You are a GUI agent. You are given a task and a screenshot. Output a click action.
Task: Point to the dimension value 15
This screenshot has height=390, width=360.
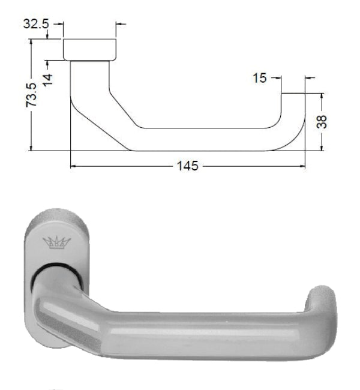click(x=260, y=78)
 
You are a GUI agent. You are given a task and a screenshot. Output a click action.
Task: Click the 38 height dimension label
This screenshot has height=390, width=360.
click(x=322, y=121)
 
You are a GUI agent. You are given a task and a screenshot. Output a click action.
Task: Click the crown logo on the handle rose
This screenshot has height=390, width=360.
click(x=57, y=242)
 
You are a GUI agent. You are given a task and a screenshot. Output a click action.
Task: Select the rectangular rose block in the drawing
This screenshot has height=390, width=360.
click(x=89, y=49)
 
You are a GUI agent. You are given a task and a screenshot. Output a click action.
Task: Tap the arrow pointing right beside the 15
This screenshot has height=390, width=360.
click(x=278, y=78)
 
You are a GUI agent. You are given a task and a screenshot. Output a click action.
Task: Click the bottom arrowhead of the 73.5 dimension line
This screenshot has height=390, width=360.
click(x=31, y=147)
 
